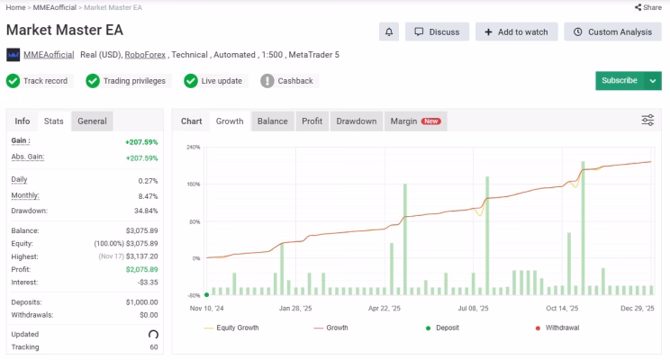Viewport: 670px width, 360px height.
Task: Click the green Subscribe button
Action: (x=620, y=81)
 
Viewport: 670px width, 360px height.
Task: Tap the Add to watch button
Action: (x=517, y=32)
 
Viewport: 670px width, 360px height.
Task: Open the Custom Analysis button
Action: (x=612, y=32)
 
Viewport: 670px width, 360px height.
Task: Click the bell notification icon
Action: (x=389, y=32)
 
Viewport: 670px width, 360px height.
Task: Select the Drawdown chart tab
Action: (x=357, y=121)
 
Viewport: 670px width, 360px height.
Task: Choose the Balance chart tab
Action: (x=273, y=121)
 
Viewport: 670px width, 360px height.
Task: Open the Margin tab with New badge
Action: (x=416, y=121)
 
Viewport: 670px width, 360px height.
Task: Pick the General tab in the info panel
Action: (x=92, y=121)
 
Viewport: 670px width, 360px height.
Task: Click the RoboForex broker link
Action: (x=145, y=55)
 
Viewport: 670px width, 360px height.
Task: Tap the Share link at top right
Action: (x=648, y=7)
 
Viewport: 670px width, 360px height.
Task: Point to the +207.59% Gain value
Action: (x=141, y=142)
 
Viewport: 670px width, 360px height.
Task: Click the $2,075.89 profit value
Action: (x=142, y=269)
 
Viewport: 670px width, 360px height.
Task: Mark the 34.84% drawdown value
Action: (x=146, y=211)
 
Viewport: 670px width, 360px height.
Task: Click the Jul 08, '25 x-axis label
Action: (x=473, y=309)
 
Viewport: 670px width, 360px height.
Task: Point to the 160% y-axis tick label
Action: (x=193, y=184)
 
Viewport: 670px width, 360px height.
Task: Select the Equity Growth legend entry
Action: (x=231, y=328)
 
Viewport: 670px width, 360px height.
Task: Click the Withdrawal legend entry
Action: (x=557, y=328)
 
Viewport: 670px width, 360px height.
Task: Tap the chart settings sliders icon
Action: (x=647, y=121)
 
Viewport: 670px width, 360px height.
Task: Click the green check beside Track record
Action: (x=14, y=81)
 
